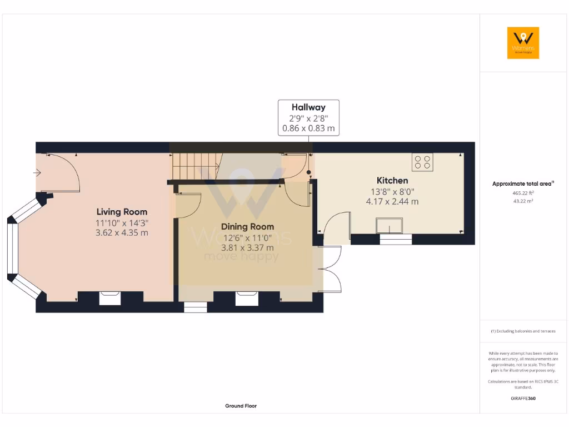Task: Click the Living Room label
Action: point(122,212)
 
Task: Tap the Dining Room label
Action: point(247,227)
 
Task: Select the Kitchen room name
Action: point(392,181)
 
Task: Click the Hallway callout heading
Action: point(308,107)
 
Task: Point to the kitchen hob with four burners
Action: point(422,162)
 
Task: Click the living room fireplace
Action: point(109,299)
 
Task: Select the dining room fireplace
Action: point(246,299)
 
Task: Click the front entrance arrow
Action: point(37,173)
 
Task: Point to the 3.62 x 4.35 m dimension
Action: point(122,233)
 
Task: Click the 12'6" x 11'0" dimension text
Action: point(247,237)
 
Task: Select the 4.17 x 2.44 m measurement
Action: point(392,201)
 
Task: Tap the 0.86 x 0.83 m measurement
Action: point(308,128)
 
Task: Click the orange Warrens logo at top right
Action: point(523,43)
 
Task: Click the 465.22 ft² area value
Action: point(522,193)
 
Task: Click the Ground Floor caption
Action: point(241,406)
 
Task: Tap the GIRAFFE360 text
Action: point(522,399)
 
